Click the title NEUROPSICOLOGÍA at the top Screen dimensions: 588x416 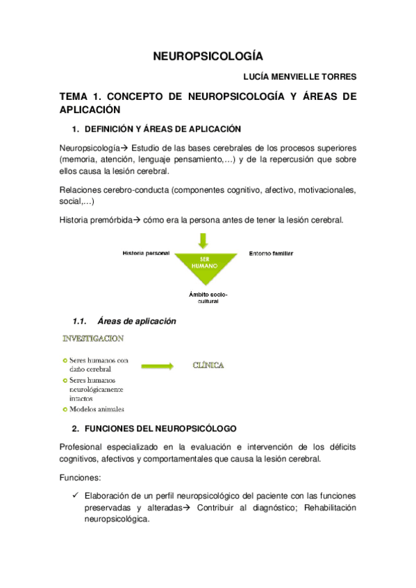coord(208,57)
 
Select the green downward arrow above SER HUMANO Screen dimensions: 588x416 coord(203,241)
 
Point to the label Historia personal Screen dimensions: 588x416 coord(146,253)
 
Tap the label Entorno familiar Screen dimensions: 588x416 coord(271,254)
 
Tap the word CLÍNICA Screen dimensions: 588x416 coord(208,365)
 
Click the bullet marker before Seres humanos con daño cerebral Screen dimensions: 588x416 coord(65,361)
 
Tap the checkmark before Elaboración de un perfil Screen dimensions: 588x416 coord(75,496)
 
